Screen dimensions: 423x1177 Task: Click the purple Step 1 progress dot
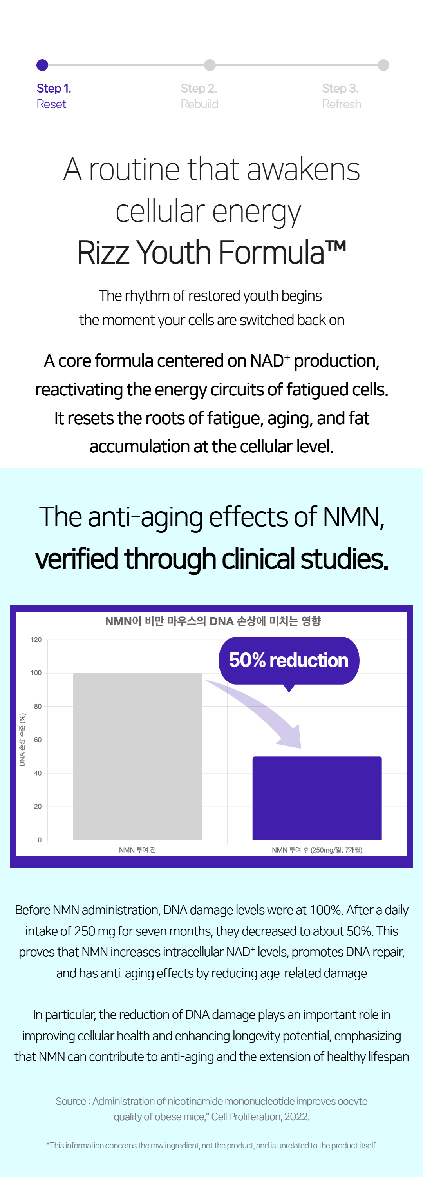coord(42,65)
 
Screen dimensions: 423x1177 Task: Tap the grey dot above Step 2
coord(210,65)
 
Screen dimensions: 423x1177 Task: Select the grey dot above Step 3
coord(384,65)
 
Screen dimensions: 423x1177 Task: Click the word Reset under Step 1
coord(51,104)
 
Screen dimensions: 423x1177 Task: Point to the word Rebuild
coord(199,104)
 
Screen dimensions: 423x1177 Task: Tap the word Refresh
coord(342,104)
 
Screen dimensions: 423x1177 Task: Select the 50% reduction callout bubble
coord(289,661)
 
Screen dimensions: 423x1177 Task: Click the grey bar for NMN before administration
coord(137,756)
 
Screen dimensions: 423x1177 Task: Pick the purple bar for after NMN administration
coord(317,798)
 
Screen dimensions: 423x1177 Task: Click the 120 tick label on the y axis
coord(36,640)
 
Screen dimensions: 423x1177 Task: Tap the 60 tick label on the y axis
coord(38,740)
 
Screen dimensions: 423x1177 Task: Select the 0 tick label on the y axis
coord(40,840)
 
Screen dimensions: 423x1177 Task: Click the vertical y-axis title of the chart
coord(22,739)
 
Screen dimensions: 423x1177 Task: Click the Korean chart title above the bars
coord(213,621)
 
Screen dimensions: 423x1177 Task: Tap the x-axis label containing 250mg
coord(317,850)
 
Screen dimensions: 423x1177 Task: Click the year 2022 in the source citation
coord(296,1116)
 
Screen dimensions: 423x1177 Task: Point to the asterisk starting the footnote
coord(48,1144)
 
